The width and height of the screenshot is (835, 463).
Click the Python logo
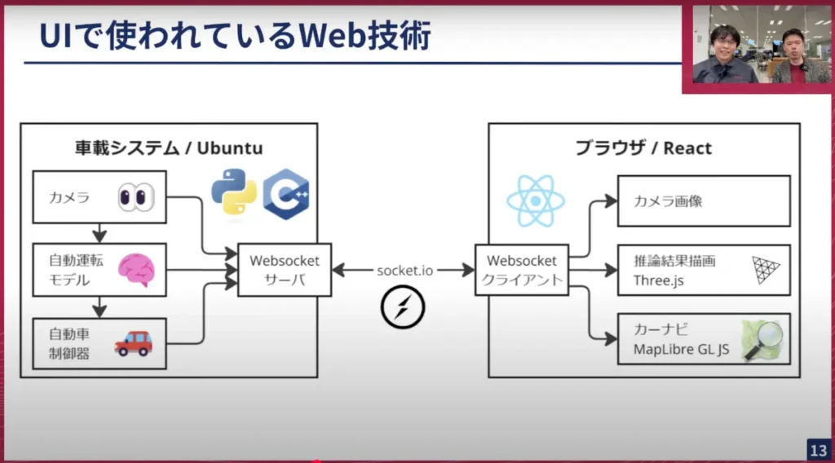[x=234, y=192]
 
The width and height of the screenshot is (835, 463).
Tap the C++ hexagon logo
[x=285, y=194]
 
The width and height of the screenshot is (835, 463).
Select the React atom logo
[x=536, y=201]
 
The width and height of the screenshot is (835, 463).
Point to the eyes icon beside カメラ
[x=135, y=197]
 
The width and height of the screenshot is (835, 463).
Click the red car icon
[x=133, y=343]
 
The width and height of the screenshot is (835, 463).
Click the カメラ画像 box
[x=703, y=201]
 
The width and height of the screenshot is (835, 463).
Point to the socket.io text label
[x=404, y=271]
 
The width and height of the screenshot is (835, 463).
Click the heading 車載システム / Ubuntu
[x=169, y=148]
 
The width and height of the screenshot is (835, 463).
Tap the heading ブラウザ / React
[x=643, y=148]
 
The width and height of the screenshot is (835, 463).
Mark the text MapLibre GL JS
[x=682, y=351]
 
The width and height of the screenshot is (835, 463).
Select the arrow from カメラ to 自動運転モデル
[x=99, y=233]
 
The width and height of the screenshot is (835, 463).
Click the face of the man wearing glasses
[x=725, y=41]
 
